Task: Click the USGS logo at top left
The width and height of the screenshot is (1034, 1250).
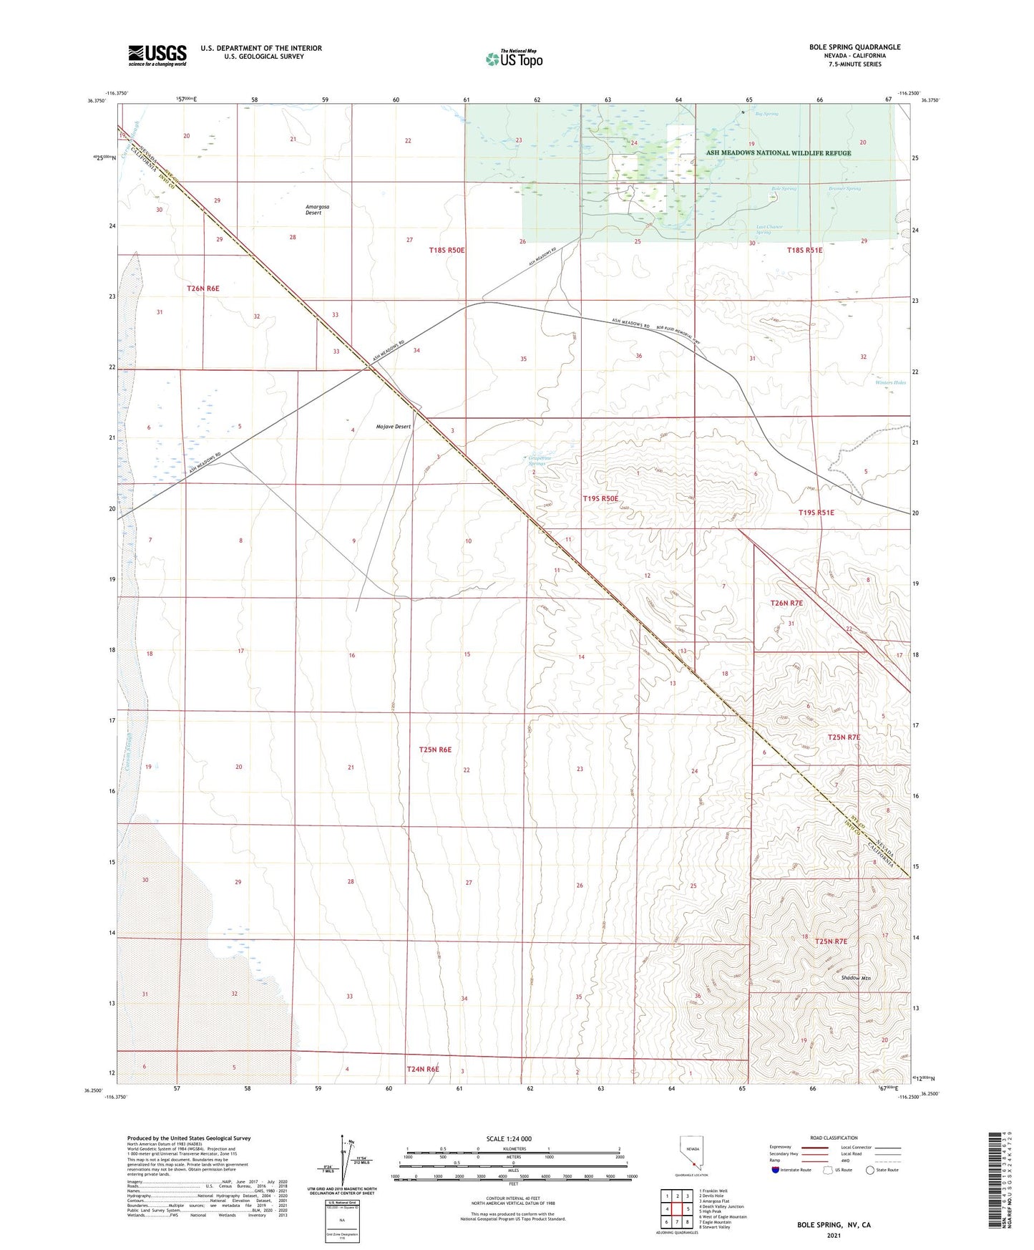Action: [x=157, y=54]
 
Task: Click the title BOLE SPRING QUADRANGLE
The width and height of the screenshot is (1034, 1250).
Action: [x=854, y=47]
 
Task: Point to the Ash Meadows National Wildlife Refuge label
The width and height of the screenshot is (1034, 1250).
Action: [x=779, y=152]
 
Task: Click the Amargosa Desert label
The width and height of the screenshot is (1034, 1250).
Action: [x=317, y=210]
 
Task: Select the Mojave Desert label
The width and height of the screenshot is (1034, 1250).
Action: [x=394, y=427]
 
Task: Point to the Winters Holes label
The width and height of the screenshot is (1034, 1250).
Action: [x=890, y=382]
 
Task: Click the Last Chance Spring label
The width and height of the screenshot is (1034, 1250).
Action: [x=769, y=230]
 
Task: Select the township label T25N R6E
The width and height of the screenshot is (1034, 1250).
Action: [x=435, y=750]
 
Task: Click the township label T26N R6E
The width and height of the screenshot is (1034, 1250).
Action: [x=203, y=289]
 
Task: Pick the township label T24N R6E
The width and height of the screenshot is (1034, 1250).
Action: [x=422, y=1069]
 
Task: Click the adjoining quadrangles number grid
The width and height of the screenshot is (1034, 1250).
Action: [x=676, y=1209]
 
